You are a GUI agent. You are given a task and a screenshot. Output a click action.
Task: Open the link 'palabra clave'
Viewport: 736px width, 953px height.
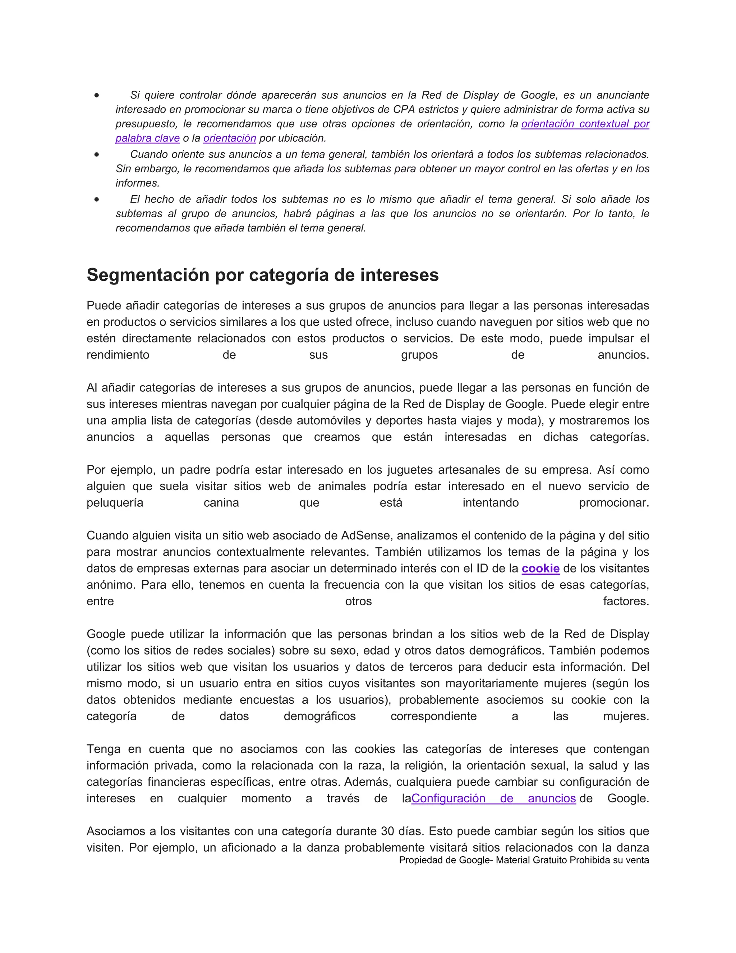pyautogui.click(x=147, y=138)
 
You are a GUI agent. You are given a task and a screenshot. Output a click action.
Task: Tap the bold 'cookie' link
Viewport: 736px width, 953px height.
pyautogui.click(x=540, y=569)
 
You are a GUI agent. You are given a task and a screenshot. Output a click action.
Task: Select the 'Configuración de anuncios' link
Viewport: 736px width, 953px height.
pyautogui.click(x=493, y=798)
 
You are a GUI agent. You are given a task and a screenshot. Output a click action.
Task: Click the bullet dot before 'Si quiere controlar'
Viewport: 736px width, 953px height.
pyautogui.click(x=96, y=95)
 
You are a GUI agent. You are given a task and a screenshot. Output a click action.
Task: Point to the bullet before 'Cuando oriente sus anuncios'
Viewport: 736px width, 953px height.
pyautogui.click(x=96, y=155)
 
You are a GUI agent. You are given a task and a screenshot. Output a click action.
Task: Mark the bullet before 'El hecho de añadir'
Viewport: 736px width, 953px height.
pyautogui.click(x=96, y=200)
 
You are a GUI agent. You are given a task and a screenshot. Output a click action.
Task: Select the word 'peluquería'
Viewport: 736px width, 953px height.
pyautogui.click(x=115, y=503)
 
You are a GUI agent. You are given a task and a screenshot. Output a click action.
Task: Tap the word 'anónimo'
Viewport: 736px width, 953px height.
pyautogui.click(x=110, y=585)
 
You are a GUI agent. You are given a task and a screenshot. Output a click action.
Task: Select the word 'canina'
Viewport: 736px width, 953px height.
pyautogui.click(x=221, y=503)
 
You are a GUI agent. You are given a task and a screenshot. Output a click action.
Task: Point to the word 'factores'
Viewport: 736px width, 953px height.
pyautogui.click(x=626, y=601)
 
